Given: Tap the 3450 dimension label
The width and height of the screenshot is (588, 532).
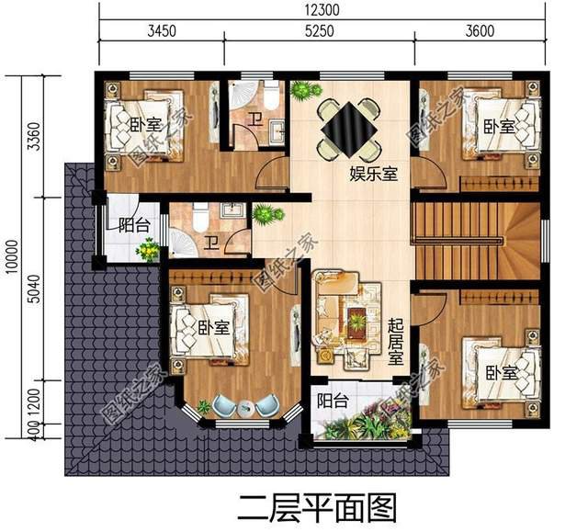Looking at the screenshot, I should click(x=160, y=31).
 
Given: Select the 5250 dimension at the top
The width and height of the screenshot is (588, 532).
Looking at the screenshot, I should click(x=320, y=31).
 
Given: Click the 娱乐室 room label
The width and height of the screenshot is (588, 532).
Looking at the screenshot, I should click(x=373, y=174).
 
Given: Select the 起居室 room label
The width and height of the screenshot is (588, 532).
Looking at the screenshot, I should click(x=396, y=339).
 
